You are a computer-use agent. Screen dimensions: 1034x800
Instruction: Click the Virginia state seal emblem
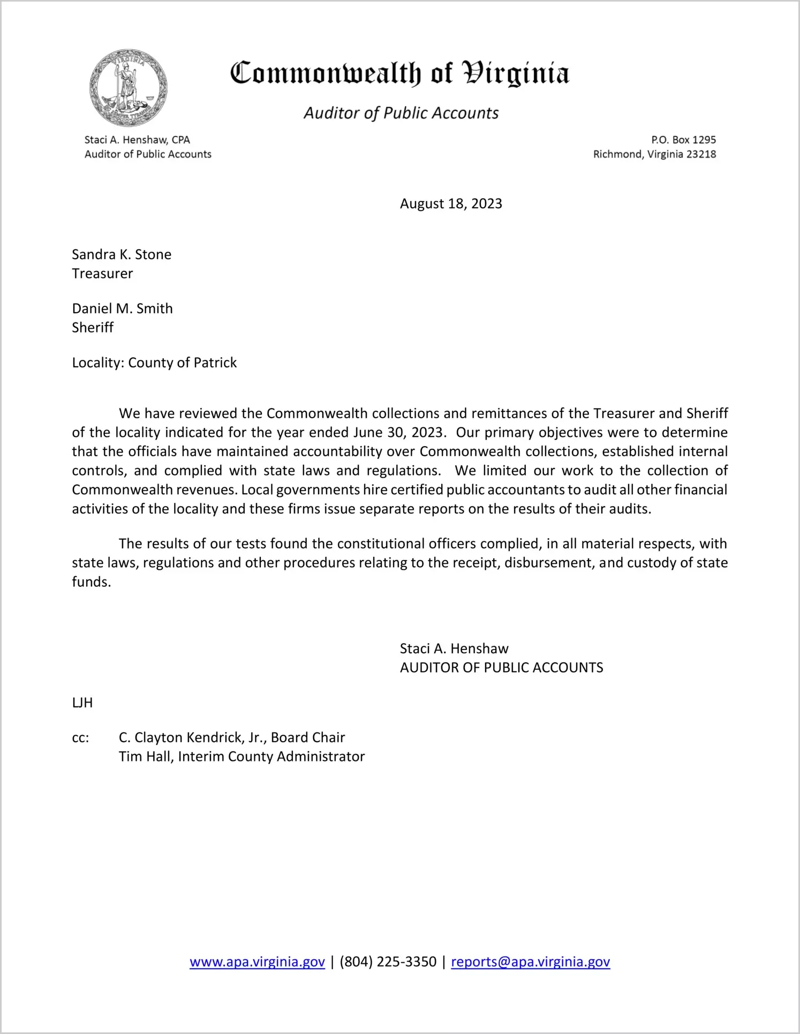pyautogui.click(x=129, y=88)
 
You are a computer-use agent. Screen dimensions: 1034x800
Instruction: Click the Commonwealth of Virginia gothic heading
pyautogui.click(x=399, y=73)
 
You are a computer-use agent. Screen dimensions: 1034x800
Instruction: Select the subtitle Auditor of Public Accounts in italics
pyautogui.click(x=401, y=113)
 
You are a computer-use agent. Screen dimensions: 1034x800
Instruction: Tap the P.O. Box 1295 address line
pyautogui.click(x=683, y=140)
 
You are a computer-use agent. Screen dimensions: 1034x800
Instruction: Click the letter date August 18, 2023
pyautogui.click(x=451, y=204)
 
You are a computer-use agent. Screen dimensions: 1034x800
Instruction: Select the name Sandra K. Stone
pyautogui.click(x=122, y=254)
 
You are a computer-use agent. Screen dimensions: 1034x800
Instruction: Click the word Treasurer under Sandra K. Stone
pyautogui.click(x=102, y=274)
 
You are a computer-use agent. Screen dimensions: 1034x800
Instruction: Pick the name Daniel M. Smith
pyautogui.click(x=122, y=308)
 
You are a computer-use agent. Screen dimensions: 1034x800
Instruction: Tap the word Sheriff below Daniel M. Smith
pyautogui.click(x=93, y=328)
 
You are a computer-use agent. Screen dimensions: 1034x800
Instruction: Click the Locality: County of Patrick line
pyautogui.click(x=154, y=363)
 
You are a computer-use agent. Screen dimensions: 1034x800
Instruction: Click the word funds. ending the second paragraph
pyautogui.click(x=92, y=582)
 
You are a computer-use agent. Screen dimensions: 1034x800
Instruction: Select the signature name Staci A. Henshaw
pyautogui.click(x=454, y=649)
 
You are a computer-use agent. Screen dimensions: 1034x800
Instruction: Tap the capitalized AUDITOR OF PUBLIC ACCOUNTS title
pyautogui.click(x=501, y=668)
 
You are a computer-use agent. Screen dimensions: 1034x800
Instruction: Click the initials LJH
pyautogui.click(x=82, y=703)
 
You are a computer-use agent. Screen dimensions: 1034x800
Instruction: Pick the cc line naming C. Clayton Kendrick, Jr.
pyautogui.click(x=232, y=738)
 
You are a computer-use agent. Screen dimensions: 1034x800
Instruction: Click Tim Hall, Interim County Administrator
pyautogui.click(x=241, y=757)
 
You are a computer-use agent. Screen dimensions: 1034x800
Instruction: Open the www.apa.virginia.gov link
pyautogui.click(x=257, y=962)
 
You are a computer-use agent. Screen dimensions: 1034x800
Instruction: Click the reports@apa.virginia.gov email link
pyautogui.click(x=530, y=962)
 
